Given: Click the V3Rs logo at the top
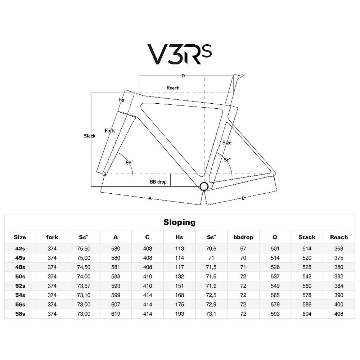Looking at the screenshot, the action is [x=180, y=54].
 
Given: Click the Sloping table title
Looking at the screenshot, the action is [x=180, y=222].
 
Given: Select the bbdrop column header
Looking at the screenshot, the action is [x=243, y=237].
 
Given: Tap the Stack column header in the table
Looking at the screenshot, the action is [x=307, y=237].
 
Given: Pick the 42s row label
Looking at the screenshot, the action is [x=20, y=249].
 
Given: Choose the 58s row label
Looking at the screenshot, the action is [x=20, y=314].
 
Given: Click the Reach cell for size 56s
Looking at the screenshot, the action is [x=339, y=305].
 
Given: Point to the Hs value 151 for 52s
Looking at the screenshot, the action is [x=179, y=286].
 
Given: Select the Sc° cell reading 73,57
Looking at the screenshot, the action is [x=84, y=286].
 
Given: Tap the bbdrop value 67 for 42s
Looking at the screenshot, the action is [x=243, y=249].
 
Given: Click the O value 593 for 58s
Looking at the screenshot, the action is [x=275, y=314].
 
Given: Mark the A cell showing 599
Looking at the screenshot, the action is [x=116, y=295].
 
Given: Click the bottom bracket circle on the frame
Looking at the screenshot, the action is [x=204, y=186].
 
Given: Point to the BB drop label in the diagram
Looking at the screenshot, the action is [x=158, y=182].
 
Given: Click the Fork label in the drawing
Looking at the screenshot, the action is [x=110, y=131].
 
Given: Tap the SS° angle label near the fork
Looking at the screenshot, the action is [x=130, y=163].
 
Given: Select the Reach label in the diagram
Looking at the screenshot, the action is [x=173, y=88].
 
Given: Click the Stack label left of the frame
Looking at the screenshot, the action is [x=90, y=136].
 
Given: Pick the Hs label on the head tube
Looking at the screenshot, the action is [x=121, y=100].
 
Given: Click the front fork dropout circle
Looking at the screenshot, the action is [x=105, y=174].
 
